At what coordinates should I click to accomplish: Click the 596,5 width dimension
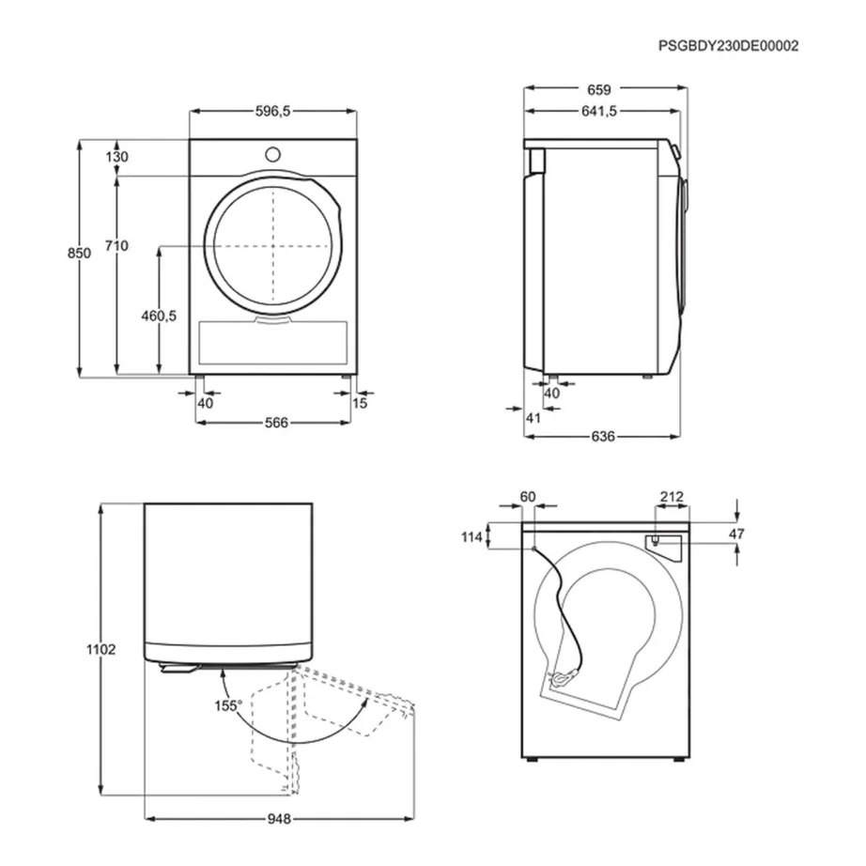coord(273,111)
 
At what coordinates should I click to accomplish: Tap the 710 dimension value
coord(116,246)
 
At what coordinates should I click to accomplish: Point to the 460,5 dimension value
coord(158,316)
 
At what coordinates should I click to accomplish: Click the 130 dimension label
coord(116,157)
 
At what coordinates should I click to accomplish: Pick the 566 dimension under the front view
coord(274,423)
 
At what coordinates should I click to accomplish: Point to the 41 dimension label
coord(534,418)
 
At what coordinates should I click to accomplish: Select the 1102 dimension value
coord(101,649)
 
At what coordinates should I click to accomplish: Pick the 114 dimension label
coord(497,537)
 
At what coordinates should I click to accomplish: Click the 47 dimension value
coord(737,534)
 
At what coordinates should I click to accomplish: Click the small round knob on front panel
coord(272,153)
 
